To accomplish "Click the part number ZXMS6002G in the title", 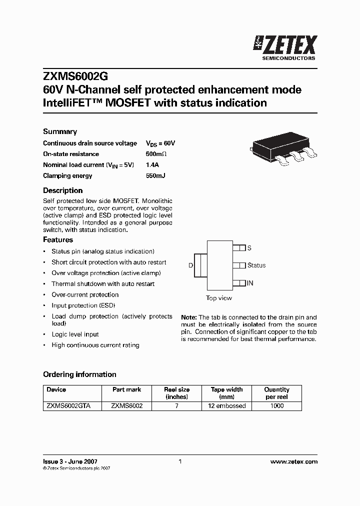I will pyautogui.click(x=75, y=76).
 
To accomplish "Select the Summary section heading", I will pyautogui.click(x=60, y=131).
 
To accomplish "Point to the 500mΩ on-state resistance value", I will pyautogui.click(x=156, y=154).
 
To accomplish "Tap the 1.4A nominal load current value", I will pyautogui.click(x=152, y=165).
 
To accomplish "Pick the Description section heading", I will pyautogui.click(x=62, y=190).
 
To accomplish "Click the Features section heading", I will pyautogui.click(x=58, y=239).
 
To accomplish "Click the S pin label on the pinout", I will pyautogui.click(x=249, y=248).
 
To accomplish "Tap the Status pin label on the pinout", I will pyautogui.click(x=256, y=265).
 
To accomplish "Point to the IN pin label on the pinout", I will pyautogui.click(x=250, y=283).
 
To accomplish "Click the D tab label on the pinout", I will pyautogui.click(x=190, y=265).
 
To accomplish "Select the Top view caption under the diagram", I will pyautogui.click(x=219, y=298).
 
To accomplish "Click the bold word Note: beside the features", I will pyautogui.click(x=189, y=317).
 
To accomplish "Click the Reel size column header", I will pyautogui.click(x=177, y=393).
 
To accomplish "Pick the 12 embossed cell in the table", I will pyautogui.click(x=227, y=406).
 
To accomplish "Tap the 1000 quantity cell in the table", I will pyautogui.click(x=276, y=406).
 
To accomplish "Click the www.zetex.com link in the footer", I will pyautogui.click(x=293, y=462).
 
